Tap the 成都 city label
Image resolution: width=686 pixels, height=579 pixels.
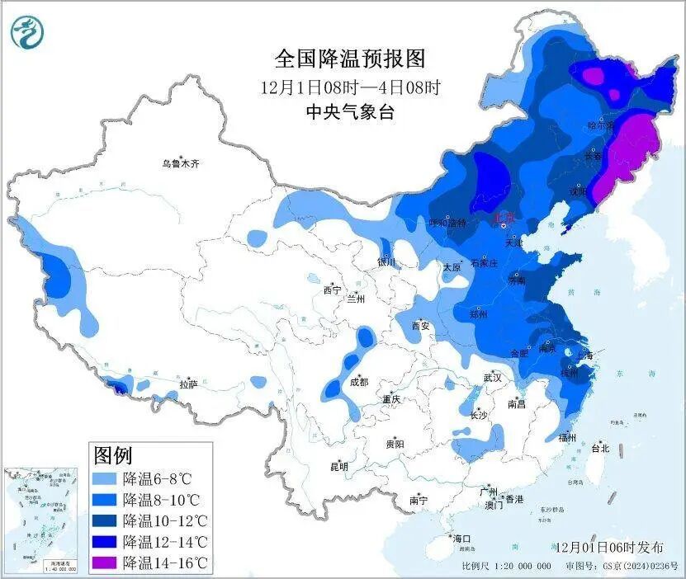point(359,382)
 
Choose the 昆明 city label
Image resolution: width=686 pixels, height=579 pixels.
point(339,467)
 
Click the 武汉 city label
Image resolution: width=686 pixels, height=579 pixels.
point(494,378)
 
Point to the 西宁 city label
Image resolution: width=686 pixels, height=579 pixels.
point(332,289)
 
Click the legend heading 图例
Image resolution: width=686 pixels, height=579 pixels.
point(112,454)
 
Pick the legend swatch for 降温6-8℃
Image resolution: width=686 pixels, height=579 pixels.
point(104,478)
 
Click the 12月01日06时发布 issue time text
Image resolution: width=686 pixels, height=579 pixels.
point(609,547)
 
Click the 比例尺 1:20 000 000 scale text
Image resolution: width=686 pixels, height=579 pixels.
point(506,567)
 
